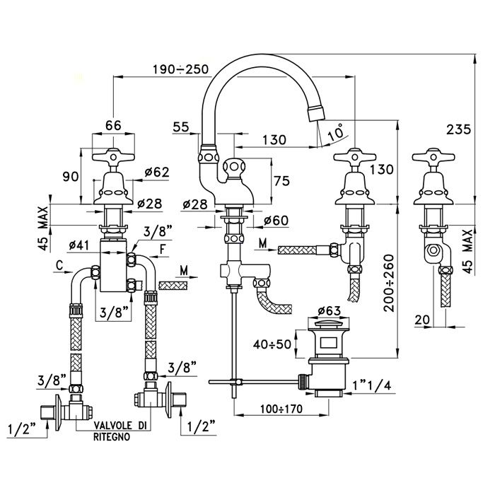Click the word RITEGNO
tap(110, 438)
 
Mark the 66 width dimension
tap(113, 126)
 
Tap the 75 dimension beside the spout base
tap(281, 181)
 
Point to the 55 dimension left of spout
tap(181, 128)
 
